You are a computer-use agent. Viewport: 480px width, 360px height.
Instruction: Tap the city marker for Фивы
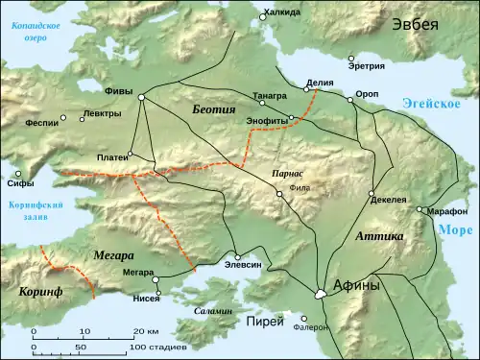coord(142,97)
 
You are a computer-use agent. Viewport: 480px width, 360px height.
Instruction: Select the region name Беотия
coord(213,109)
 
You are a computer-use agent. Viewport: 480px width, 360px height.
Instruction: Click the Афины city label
coord(356,285)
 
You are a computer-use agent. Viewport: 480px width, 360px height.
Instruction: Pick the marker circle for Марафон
coord(420,210)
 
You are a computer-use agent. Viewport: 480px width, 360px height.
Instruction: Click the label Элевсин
coord(241,262)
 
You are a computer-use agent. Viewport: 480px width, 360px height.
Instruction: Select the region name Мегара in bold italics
coord(113,255)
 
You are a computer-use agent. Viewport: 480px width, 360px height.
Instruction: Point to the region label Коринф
coord(39,288)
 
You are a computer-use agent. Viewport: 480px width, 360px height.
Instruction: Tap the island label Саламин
coord(213,312)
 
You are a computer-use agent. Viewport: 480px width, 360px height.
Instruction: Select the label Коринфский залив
coord(36,211)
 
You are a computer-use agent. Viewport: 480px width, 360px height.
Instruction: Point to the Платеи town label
coord(110,156)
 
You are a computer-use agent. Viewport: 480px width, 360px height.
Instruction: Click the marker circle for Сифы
coord(18,175)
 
